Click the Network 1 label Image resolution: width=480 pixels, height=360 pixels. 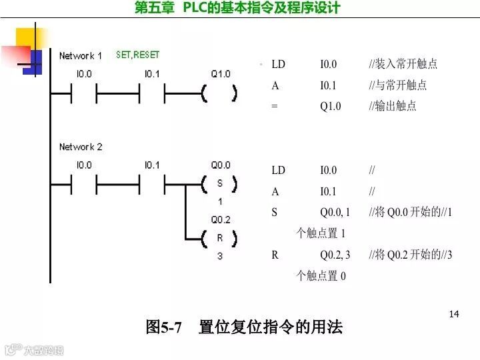click(81, 55)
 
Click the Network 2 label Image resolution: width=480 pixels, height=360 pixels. click(81, 147)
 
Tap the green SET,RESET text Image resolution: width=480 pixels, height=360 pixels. click(138, 55)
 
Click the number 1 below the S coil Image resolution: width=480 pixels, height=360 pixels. click(219, 201)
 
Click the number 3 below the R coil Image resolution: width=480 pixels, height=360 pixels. click(219, 256)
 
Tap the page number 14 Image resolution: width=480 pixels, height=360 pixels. click(455, 314)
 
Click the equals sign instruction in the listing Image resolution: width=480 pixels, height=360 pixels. click(275, 106)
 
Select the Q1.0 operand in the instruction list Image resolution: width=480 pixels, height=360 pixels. click(330, 106)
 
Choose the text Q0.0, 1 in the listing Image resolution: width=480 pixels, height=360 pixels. click(335, 213)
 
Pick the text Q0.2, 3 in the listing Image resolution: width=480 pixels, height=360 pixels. click(335, 255)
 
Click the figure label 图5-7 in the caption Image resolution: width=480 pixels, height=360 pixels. click(164, 327)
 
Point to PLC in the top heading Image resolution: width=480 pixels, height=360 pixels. click(197, 8)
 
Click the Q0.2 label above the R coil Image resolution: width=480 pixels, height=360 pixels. click(220, 219)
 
